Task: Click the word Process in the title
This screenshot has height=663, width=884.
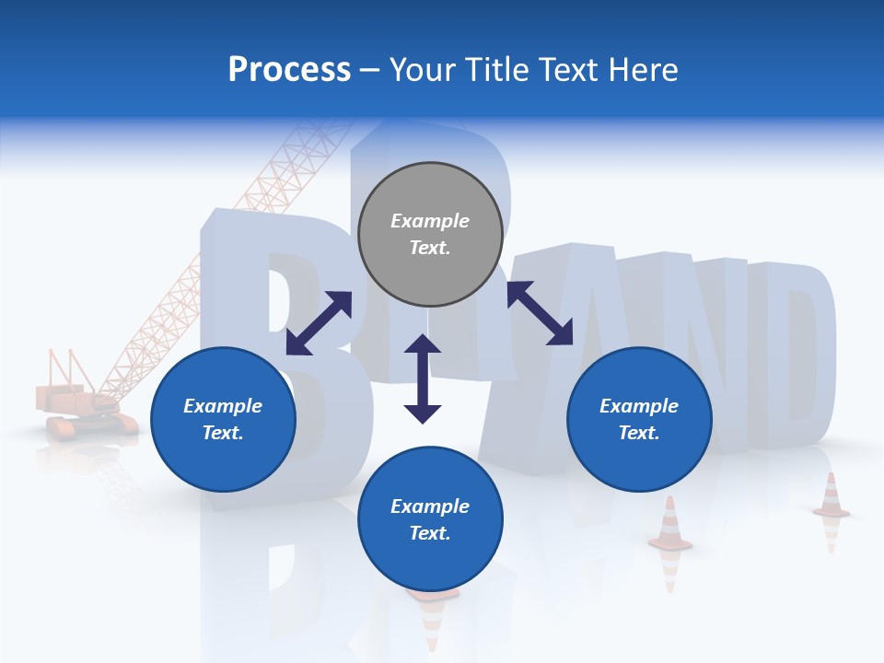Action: pyautogui.click(x=289, y=70)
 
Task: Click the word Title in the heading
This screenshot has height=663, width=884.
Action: pyautogui.click(x=497, y=70)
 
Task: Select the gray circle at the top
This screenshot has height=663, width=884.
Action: pyautogui.click(x=430, y=235)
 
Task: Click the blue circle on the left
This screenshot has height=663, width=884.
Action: pyautogui.click(x=223, y=419)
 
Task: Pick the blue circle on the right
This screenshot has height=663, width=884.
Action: pyautogui.click(x=639, y=419)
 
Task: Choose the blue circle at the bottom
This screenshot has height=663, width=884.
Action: pyautogui.click(x=430, y=519)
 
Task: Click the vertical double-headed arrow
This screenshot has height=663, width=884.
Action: pyautogui.click(x=423, y=378)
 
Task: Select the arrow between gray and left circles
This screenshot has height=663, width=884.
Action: pyautogui.click(x=319, y=322)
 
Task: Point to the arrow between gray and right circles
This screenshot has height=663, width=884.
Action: pyautogui.click(x=540, y=313)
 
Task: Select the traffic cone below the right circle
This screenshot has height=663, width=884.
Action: pyautogui.click(x=670, y=525)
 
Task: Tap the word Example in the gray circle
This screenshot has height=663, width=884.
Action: pyautogui.click(x=430, y=221)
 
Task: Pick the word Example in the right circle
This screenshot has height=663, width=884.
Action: pyautogui.click(x=639, y=406)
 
